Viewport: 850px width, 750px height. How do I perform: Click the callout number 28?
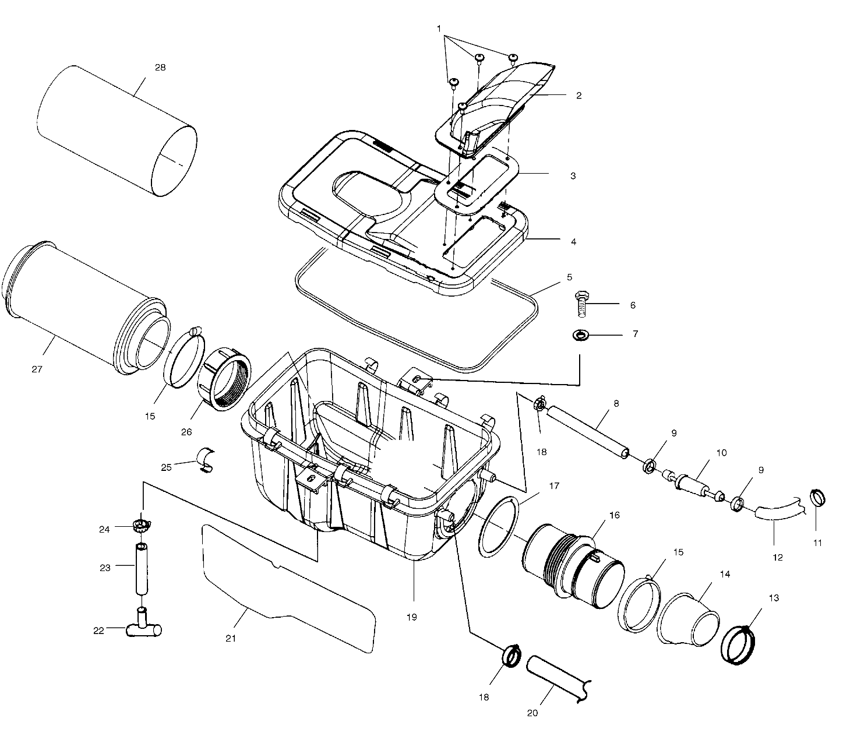(160, 67)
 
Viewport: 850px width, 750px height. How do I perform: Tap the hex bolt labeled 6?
(582, 303)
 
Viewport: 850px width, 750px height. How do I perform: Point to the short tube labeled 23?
(142, 568)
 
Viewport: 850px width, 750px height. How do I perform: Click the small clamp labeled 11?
(819, 498)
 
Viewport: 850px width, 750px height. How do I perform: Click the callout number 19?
(412, 617)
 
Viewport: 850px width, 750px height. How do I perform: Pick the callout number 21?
(231, 638)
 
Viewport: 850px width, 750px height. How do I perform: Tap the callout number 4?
(573, 241)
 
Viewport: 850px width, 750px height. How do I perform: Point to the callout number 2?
(579, 96)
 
